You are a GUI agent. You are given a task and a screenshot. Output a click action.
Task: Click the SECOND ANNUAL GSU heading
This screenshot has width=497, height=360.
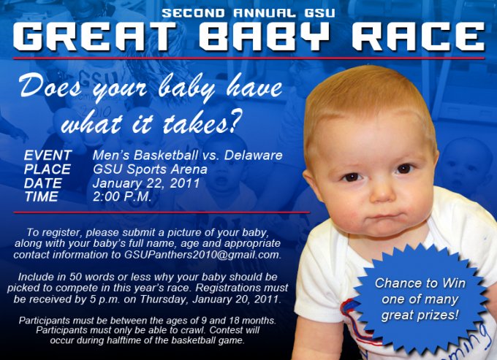(x=249, y=12)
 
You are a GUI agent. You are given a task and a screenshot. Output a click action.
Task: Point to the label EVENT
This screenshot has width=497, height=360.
(x=48, y=156)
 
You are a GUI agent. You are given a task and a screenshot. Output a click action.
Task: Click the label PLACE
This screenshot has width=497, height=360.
(x=48, y=169)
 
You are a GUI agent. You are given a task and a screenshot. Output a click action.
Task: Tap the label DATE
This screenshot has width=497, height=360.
(x=43, y=183)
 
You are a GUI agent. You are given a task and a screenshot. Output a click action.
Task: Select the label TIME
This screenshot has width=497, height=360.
(x=41, y=197)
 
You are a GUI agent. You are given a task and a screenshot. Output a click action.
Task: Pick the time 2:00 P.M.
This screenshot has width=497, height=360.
(x=122, y=197)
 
